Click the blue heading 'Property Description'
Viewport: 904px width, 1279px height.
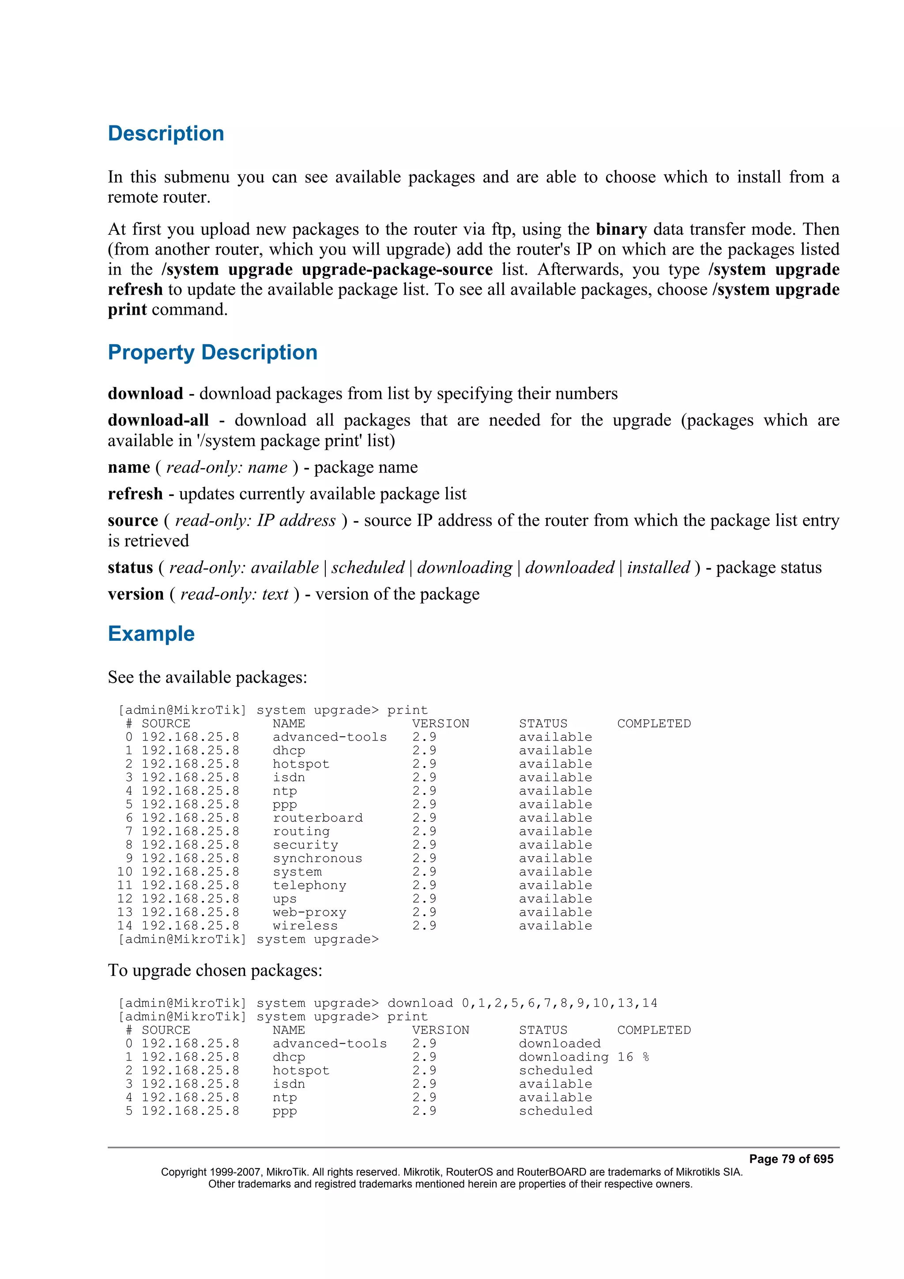click(212, 353)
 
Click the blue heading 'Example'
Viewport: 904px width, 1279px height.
click(151, 634)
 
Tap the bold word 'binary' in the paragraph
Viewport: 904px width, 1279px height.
click(621, 229)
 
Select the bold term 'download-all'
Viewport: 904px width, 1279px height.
click(158, 420)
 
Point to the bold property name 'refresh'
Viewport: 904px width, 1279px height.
click(136, 494)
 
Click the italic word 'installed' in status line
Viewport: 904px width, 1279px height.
click(659, 568)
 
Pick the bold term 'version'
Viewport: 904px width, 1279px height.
click(136, 594)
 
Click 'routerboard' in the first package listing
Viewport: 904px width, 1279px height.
click(317, 818)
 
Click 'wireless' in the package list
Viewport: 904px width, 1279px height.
click(305, 926)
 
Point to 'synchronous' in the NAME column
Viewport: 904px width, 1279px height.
click(317, 858)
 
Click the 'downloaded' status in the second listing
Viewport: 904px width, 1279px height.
click(560, 1043)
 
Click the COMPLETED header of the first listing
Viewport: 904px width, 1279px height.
click(653, 724)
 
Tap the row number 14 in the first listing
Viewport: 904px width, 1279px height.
click(125, 926)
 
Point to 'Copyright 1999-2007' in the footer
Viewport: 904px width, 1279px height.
click(207, 1172)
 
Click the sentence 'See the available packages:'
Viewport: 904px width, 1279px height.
click(207, 677)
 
